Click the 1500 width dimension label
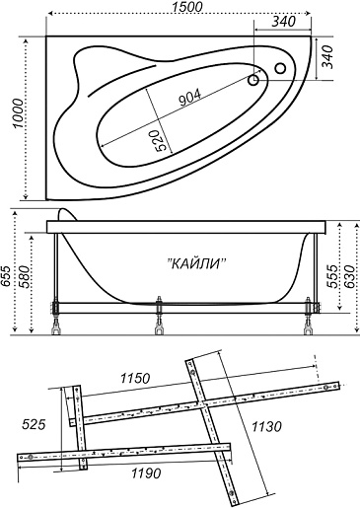[187, 7]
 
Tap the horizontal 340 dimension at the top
[284, 22]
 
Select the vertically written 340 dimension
[327, 57]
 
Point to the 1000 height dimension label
[18, 113]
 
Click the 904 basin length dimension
[189, 98]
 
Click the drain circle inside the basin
[253, 80]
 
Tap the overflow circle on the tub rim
[280, 68]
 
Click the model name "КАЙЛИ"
[197, 263]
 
